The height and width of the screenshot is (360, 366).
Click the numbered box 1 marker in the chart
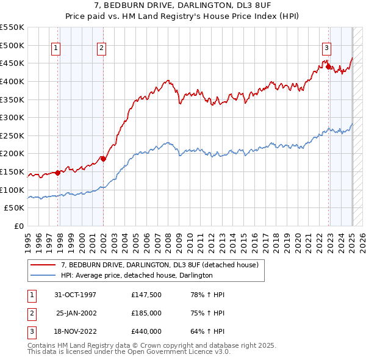pyautogui.click(x=56, y=49)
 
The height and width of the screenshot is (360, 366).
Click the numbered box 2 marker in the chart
pyautogui.click(x=101, y=49)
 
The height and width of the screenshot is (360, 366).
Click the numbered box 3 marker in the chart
pyautogui.click(x=327, y=49)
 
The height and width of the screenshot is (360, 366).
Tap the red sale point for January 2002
pyautogui.click(x=103, y=159)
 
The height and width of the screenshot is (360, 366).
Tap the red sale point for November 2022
pyautogui.click(x=329, y=67)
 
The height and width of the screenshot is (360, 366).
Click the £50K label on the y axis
pyautogui.click(x=15, y=208)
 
